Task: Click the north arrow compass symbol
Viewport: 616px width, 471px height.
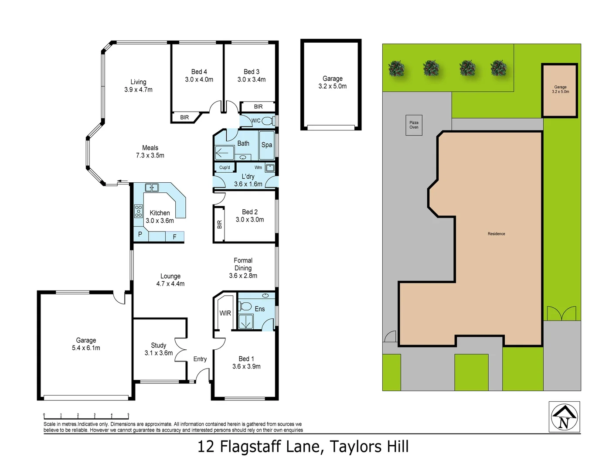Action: click(564, 417)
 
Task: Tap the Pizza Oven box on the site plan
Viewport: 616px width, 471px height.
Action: click(414, 125)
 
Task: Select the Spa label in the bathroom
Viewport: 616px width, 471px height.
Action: click(267, 145)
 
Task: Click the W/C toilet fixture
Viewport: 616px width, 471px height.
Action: click(267, 121)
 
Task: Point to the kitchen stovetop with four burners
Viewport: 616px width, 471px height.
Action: click(138, 211)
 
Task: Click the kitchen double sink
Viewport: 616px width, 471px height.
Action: click(152, 188)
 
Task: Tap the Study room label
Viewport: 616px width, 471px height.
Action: click(159, 345)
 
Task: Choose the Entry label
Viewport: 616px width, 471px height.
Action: click(200, 359)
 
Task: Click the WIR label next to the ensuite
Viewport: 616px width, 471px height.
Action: click(225, 313)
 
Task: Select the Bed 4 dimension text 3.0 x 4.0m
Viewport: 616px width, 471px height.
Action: click(199, 79)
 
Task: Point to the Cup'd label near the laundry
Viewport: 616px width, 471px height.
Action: click(225, 167)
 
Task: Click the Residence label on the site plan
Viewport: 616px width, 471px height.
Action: click(496, 234)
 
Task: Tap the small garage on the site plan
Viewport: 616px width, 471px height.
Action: click(560, 90)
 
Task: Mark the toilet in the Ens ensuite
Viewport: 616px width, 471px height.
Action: click(245, 306)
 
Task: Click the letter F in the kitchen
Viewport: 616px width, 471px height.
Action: click(174, 237)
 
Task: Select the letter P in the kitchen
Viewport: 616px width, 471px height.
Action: click(140, 234)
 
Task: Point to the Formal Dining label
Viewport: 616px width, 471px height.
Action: click(243, 264)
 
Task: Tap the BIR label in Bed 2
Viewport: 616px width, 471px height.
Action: click(219, 225)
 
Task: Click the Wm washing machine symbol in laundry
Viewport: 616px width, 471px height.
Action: click(270, 168)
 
